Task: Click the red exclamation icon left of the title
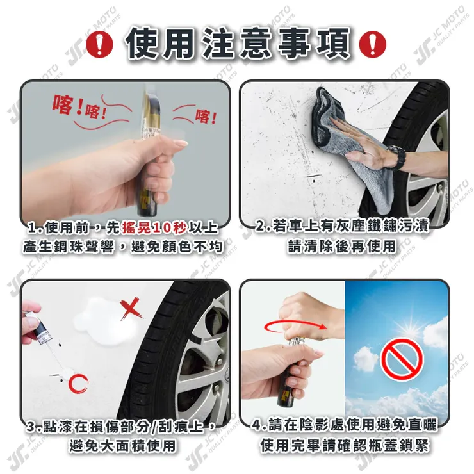(x=99, y=44)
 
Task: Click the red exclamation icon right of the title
(x=372, y=44)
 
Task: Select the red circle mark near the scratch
(x=78, y=384)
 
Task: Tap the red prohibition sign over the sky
(x=402, y=360)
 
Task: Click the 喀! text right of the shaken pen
(x=206, y=116)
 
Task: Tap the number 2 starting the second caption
(x=260, y=226)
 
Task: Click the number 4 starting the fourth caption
(x=257, y=425)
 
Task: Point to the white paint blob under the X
(x=101, y=320)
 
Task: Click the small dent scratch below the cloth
(x=314, y=176)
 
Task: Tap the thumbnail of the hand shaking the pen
(x=125, y=151)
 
